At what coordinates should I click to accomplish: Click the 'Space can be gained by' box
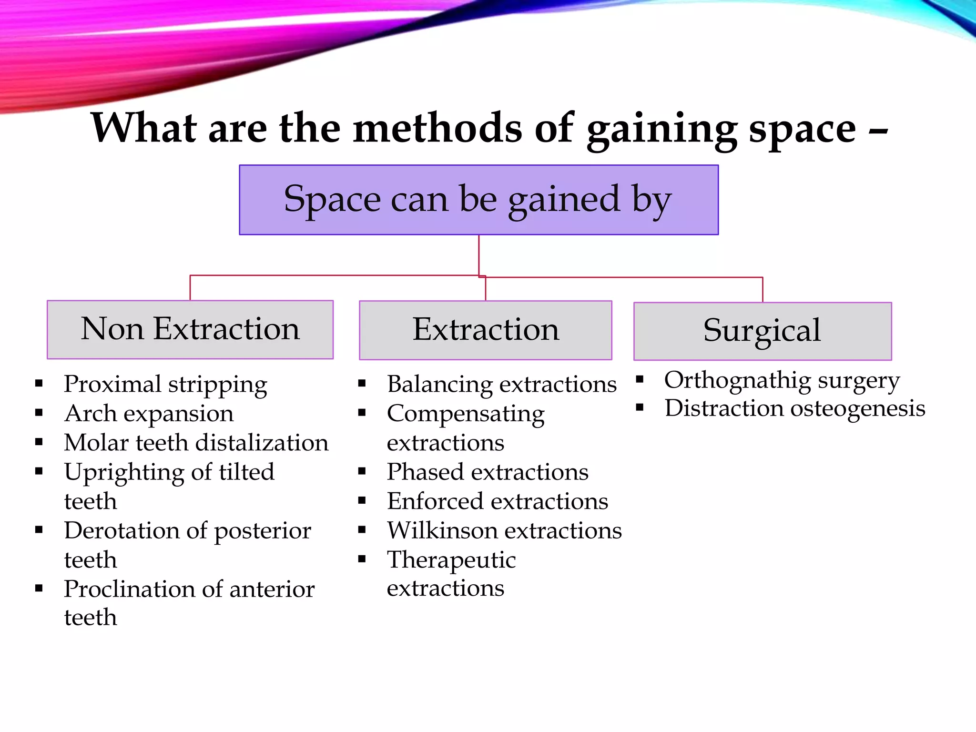click(478, 200)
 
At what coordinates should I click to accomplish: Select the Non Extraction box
click(190, 329)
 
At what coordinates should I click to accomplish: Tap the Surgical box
click(762, 331)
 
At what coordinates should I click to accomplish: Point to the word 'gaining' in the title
click(661, 129)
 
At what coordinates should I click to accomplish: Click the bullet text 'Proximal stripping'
click(165, 385)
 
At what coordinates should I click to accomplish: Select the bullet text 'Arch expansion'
click(149, 413)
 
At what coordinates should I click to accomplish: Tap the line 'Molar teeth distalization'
click(196, 443)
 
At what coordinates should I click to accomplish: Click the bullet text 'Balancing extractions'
click(501, 384)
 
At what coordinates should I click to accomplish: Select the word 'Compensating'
click(466, 414)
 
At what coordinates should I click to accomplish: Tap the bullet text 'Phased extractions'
click(488, 472)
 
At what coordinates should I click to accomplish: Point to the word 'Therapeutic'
click(451, 560)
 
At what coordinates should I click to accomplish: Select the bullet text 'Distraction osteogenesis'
click(794, 408)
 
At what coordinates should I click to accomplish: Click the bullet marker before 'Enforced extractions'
click(362, 500)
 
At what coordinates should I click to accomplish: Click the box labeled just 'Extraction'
click(485, 330)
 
